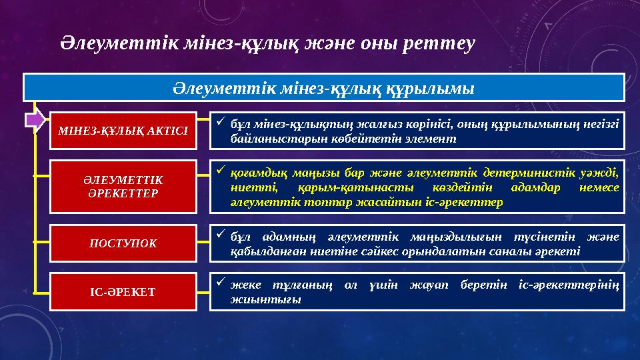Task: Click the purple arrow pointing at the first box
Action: (x=36, y=120)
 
